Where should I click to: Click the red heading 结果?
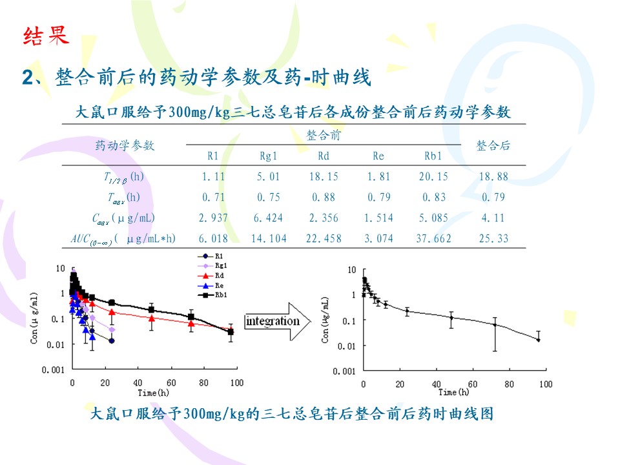click(x=45, y=36)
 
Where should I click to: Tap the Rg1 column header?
click(x=268, y=156)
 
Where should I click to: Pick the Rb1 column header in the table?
click(x=433, y=156)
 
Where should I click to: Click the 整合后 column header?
click(x=493, y=145)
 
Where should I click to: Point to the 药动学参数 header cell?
click(x=125, y=145)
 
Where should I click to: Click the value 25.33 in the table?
click(x=493, y=238)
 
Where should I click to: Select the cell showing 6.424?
click(x=268, y=218)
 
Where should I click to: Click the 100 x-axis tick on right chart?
click(x=546, y=384)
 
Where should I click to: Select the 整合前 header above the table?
click(x=324, y=135)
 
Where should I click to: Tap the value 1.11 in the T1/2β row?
click(x=213, y=176)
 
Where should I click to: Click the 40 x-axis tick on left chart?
click(x=138, y=383)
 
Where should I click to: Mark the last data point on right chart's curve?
click(x=538, y=340)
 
